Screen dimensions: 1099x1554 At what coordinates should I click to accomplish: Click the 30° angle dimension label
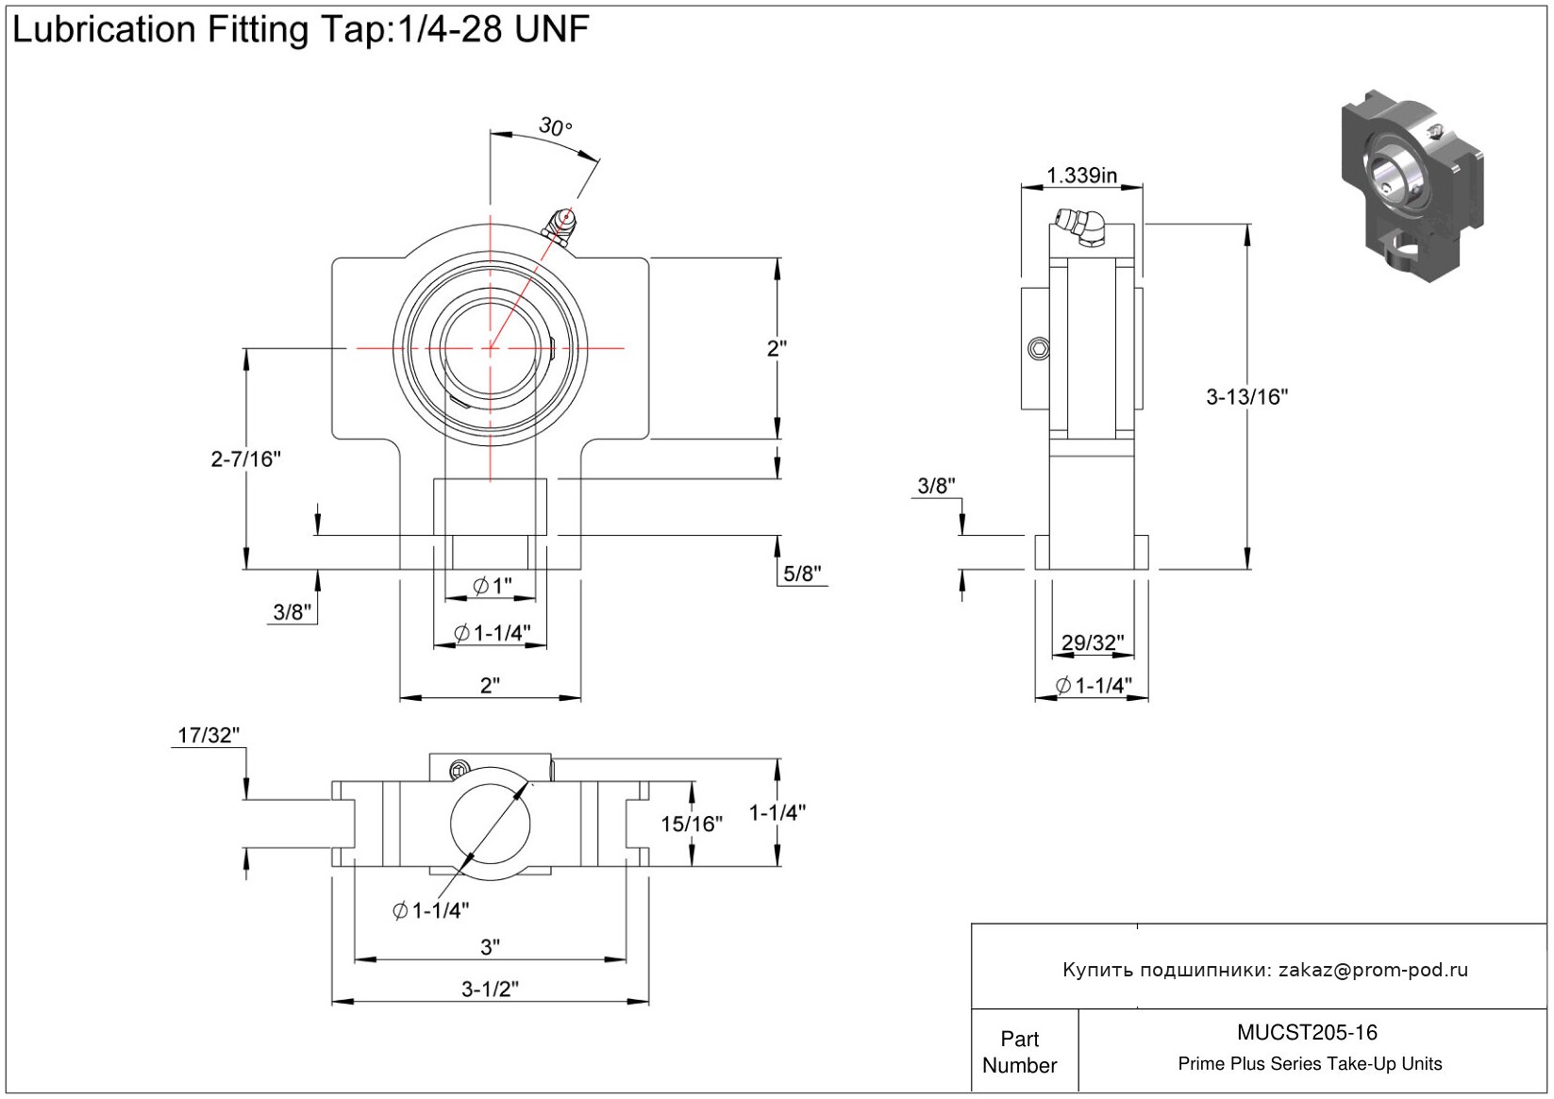(555, 126)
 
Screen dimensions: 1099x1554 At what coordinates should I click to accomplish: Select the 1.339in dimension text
(1081, 175)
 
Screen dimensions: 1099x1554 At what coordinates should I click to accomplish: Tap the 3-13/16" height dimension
(1246, 397)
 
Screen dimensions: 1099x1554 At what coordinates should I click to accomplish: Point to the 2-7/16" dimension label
(245, 459)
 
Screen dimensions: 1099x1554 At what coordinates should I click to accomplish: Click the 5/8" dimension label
(802, 574)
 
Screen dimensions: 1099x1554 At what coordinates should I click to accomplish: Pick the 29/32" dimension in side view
(1093, 643)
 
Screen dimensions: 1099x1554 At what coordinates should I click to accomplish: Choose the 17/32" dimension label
(209, 735)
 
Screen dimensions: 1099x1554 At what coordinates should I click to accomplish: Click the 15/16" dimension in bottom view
(691, 824)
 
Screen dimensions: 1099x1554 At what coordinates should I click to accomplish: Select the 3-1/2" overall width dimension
(490, 989)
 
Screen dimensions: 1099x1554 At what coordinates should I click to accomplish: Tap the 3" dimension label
(490, 946)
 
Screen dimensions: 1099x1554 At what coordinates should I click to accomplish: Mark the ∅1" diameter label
(492, 587)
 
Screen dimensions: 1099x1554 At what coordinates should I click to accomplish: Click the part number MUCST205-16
(1307, 1033)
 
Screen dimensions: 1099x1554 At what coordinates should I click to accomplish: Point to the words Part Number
(1020, 1052)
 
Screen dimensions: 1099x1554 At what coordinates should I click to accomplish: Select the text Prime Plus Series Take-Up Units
(1310, 1064)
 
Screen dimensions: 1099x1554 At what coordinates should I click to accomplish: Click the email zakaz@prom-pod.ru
(1373, 970)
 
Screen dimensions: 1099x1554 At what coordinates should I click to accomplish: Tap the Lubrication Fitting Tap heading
(300, 30)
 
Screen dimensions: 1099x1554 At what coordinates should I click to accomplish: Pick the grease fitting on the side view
(1082, 227)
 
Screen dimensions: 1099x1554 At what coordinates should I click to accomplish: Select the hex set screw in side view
(1039, 349)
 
